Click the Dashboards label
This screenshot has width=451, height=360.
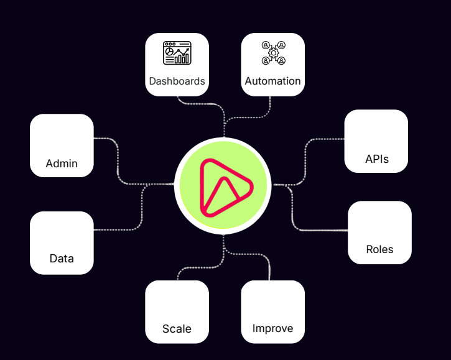click(x=177, y=81)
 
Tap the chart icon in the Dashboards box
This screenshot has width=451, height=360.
click(x=177, y=53)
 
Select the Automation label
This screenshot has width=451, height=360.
click(x=272, y=81)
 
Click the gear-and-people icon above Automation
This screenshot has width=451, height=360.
click(x=273, y=53)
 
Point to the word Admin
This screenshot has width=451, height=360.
click(x=62, y=164)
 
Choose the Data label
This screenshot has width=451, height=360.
click(x=62, y=258)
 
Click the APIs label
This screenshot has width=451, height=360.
click(x=376, y=159)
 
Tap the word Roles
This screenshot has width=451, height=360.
click(x=379, y=249)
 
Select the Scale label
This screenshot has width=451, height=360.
click(x=177, y=328)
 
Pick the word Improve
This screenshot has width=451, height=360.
click(x=272, y=328)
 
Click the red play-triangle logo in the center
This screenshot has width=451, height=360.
click(x=223, y=187)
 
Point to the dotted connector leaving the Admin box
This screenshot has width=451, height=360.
click(x=106, y=138)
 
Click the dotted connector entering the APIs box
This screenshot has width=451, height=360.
click(x=327, y=139)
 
